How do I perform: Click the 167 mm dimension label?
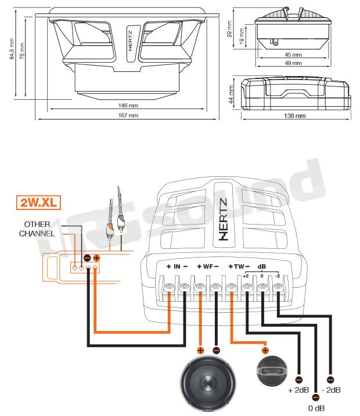[129, 115]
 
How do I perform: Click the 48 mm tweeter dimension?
[293, 62]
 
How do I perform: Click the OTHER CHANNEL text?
[39, 229]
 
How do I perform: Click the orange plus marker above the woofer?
[200, 350]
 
